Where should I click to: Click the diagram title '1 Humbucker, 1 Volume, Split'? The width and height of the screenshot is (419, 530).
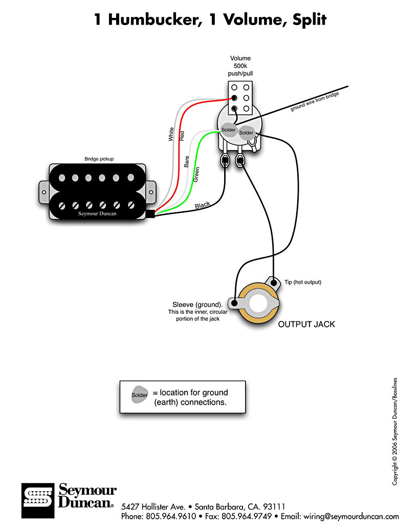[210, 19]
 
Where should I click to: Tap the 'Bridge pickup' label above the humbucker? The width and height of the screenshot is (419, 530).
[99, 159]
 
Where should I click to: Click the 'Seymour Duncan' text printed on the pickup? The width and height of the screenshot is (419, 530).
[97, 214]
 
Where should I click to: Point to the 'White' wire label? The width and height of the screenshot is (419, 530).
[171, 134]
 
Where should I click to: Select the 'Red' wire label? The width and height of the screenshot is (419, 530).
[182, 136]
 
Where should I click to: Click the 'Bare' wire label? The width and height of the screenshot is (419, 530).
[187, 162]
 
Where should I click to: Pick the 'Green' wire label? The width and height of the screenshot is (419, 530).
[196, 175]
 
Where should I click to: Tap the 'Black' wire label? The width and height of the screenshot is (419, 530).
[203, 205]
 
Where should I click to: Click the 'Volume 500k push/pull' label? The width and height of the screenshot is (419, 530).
[240, 66]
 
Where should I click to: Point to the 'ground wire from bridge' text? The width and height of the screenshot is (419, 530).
[315, 101]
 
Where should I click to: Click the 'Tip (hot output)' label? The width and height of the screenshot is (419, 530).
[303, 282]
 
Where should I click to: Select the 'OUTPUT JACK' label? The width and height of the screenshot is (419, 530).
[306, 324]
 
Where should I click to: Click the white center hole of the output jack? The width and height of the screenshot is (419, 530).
[258, 303]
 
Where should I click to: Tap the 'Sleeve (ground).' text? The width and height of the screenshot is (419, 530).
[197, 304]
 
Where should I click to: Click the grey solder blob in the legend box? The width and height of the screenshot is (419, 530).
[140, 394]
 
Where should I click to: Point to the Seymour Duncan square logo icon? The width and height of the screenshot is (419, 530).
[38, 501]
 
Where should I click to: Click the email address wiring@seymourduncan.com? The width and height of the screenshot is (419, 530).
[351, 517]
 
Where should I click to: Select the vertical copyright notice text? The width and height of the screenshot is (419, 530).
[394, 432]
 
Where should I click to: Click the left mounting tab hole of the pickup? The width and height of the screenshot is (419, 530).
[44, 192]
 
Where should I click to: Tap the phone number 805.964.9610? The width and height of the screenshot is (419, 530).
[171, 517]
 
